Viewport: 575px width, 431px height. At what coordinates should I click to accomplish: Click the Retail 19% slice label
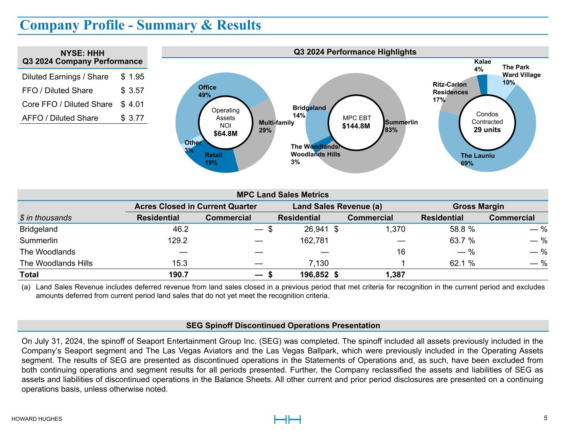(x=213, y=159)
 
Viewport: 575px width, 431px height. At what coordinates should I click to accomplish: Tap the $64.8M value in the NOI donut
(x=225, y=134)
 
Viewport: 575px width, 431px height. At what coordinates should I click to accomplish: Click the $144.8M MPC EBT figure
(x=356, y=126)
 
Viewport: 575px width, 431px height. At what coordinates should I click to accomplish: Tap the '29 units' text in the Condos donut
(x=487, y=130)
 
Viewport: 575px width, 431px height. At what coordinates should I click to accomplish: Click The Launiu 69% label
(x=477, y=160)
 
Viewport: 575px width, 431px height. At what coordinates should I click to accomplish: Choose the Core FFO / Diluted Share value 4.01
(x=136, y=104)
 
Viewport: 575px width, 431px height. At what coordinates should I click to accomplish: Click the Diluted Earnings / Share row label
(x=65, y=77)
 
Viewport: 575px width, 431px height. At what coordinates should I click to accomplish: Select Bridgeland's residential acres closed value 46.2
(x=179, y=229)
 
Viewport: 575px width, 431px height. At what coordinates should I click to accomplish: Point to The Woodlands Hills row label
(x=56, y=263)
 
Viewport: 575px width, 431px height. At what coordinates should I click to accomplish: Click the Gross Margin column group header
(x=478, y=206)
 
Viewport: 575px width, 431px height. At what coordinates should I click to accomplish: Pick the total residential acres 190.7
(x=177, y=275)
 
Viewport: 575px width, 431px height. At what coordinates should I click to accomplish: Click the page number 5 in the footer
(x=546, y=418)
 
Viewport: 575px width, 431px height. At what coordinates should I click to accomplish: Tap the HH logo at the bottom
(x=287, y=420)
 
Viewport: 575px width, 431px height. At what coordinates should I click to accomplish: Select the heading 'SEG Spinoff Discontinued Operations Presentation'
(x=283, y=325)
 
